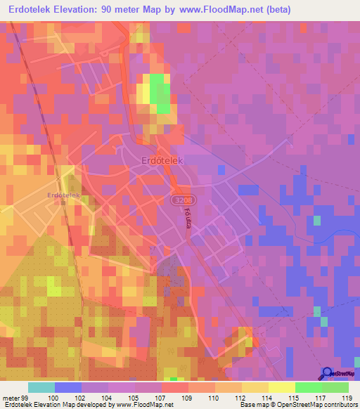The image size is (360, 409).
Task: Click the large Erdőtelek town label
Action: tap(162, 161)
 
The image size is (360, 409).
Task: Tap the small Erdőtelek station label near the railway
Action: tap(64, 195)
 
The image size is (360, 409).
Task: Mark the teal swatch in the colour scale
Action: tap(41, 387)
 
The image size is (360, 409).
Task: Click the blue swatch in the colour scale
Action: tap(68, 387)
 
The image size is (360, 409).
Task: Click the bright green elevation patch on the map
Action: tap(160, 92)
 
